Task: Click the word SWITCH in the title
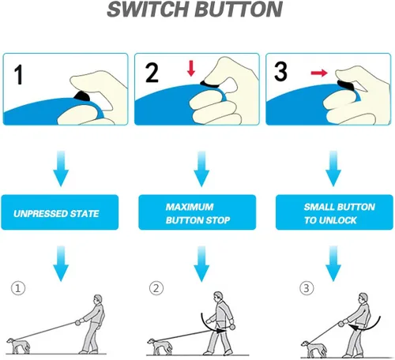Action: click(x=149, y=9)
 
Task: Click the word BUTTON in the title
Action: click(x=239, y=9)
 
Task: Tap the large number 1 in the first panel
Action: click(x=18, y=75)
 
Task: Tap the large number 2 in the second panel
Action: click(x=152, y=73)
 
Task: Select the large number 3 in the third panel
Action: click(x=280, y=71)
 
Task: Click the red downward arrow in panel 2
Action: click(x=191, y=68)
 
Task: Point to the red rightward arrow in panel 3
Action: click(x=319, y=73)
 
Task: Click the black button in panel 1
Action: click(x=82, y=96)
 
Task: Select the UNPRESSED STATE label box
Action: click(x=60, y=212)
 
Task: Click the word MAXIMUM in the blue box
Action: click(x=190, y=207)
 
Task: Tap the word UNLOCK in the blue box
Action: click(x=338, y=220)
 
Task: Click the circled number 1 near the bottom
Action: click(x=18, y=288)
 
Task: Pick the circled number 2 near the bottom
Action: click(x=156, y=288)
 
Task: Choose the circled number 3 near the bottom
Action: click(x=307, y=288)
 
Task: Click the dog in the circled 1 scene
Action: click(x=18, y=346)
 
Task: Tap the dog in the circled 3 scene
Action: click(x=314, y=348)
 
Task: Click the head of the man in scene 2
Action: click(x=218, y=297)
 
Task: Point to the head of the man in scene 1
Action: click(x=98, y=301)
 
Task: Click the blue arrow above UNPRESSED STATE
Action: click(x=61, y=169)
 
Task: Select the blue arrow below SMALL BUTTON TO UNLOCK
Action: click(x=333, y=264)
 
